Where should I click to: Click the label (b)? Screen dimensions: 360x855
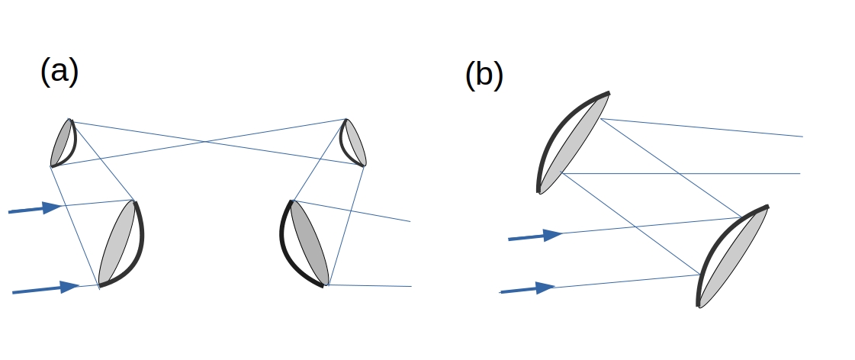pyautogui.click(x=484, y=76)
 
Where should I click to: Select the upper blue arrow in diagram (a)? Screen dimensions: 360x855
pyautogui.click(x=35, y=208)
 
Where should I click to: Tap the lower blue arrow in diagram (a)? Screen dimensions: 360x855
pyautogui.click(x=46, y=288)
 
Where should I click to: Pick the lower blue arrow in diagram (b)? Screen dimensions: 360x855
pyautogui.click(x=527, y=289)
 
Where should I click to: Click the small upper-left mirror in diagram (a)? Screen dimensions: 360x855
pyautogui.click(x=64, y=143)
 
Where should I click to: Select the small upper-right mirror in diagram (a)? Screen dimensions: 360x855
pyautogui.click(x=353, y=143)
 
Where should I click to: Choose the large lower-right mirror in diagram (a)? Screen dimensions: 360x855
pyautogui.click(x=305, y=243)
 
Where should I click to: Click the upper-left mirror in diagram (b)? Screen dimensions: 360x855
pyautogui.click(x=572, y=141)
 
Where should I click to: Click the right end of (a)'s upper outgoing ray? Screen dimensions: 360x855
pyautogui.click(x=410, y=221)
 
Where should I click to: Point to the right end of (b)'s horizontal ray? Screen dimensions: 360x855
pyautogui.click(x=800, y=174)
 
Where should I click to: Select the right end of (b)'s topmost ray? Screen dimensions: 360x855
pyautogui.click(x=802, y=137)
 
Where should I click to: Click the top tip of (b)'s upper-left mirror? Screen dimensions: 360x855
pyautogui.click(x=609, y=93)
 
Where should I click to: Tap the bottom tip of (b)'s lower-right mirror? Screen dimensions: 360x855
pyautogui.click(x=699, y=305)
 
